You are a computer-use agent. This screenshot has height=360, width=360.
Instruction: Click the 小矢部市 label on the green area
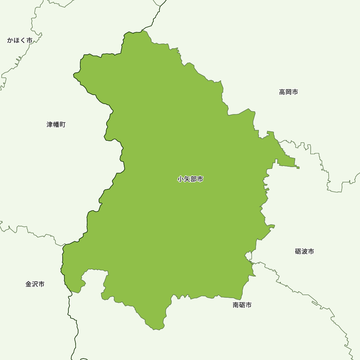tap(190, 179)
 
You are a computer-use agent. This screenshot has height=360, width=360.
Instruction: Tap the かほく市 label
tap(20, 40)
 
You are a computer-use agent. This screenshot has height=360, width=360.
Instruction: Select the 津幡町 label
tap(56, 125)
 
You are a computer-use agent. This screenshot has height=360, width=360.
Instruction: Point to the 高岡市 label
tap(288, 92)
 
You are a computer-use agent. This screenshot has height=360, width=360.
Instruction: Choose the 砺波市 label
tap(304, 251)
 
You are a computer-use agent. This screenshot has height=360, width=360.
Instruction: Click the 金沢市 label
tap(35, 284)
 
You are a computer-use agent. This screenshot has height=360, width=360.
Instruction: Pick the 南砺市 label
tap(242, 305)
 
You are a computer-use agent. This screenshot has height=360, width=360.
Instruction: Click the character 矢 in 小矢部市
tap(187, 179)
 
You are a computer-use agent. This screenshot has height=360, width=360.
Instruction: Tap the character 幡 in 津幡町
tap(56, 125)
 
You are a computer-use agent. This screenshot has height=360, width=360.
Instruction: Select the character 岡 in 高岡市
tap(288, 92)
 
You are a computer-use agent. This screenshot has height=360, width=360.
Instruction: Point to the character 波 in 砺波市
tap(304, 251)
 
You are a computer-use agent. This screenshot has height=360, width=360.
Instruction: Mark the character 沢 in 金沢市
tap(35, 284)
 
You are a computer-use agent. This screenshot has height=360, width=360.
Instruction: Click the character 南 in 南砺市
tap(236, 305)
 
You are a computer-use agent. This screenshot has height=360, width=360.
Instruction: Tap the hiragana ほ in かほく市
tap(17, 40)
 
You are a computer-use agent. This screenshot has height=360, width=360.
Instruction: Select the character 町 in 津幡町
tap(63, 125)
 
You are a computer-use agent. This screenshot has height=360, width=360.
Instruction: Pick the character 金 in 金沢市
tap(28, 284)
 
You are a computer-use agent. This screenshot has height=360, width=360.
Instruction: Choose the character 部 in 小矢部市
tap(193, 179)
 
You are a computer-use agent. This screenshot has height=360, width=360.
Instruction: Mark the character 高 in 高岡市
tap(282, 92)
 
